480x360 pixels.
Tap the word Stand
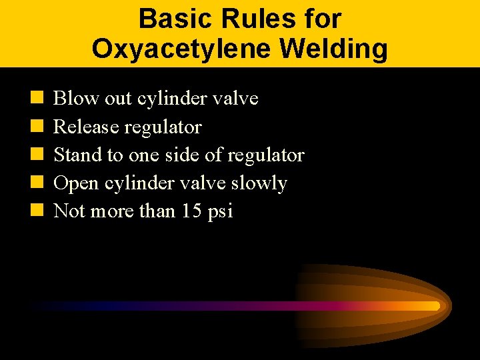[75, 155]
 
